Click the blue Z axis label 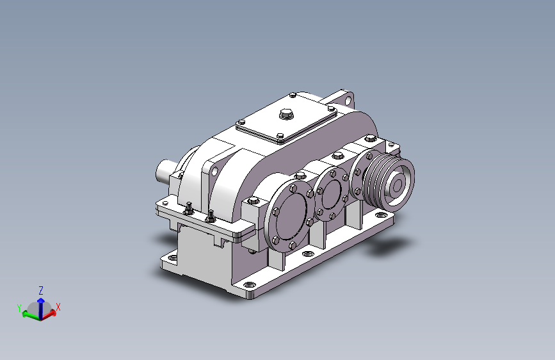(x=41, y=290)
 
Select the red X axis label (x=58, y=307)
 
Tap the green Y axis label (x=20, y=309)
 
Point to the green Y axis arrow (x=29, y=315)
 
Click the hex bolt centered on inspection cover (x=285, y=115)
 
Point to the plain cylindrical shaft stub (x=165, y=172)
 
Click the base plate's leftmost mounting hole (x=170, y=258)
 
